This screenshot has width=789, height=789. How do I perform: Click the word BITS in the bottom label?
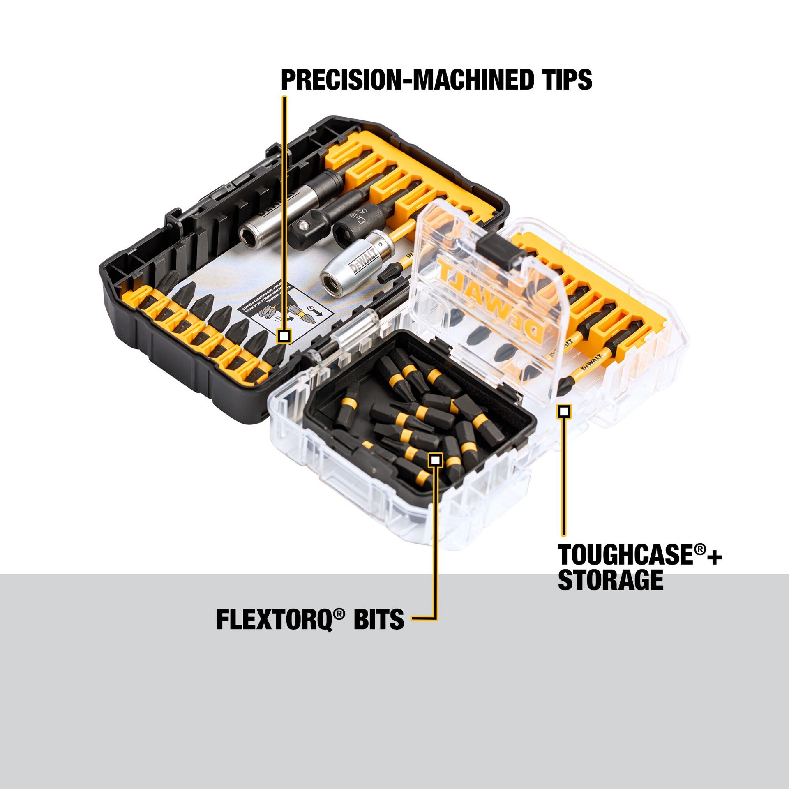tap(379, 619)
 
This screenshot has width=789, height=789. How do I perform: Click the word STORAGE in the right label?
tap(611, 581)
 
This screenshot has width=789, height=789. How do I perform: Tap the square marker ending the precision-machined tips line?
tap(284, 336)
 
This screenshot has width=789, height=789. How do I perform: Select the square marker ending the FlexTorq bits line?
tap(436, 460)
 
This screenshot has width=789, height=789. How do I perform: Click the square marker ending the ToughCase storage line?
tap(564, 411)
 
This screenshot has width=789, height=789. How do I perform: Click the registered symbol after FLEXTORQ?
tap(338, 614)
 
